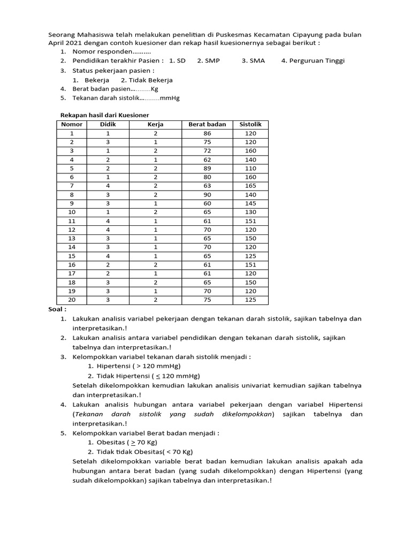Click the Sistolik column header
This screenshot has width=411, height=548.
tap(250, 124)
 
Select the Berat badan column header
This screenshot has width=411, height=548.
tap(207, 124)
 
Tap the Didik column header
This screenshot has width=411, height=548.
tap(108, 124)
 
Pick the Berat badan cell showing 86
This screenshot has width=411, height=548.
tap(207, 133)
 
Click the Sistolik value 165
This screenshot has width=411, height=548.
tap(250, 186)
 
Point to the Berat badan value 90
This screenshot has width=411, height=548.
tap(207, 195)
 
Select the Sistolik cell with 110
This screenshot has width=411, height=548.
tap(250, 168)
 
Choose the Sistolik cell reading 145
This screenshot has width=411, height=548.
tap(250, 203)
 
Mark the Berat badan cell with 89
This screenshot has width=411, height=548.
tap(207, 168)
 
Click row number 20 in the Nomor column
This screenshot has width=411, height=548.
tap(72, 300)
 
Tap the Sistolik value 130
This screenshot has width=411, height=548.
tap(250, 212)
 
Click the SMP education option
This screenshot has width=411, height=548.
tap(209, 61)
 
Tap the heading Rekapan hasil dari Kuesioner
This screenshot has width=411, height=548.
tap(104, 115)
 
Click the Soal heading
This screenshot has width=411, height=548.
tap(57, 309)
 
